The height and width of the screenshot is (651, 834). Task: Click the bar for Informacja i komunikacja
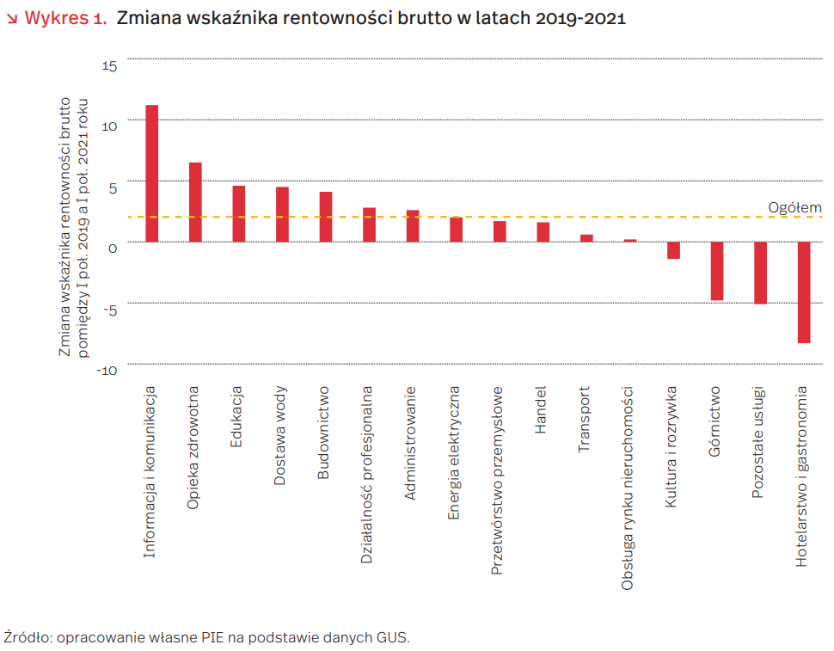click(x=151, y=173)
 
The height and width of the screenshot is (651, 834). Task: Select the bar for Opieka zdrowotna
click(x=195, y=202)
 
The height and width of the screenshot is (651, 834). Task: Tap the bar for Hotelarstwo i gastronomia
click(x=804, y=292)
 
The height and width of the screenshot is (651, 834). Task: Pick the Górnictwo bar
click(x=717, y=271)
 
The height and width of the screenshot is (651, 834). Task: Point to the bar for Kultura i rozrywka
click(x=673, y=250)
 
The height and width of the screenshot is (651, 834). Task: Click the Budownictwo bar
click(x=326, y=217)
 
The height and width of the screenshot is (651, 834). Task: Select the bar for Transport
click(x=586, y=238)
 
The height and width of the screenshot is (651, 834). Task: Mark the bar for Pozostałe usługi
click(x=760, y=273)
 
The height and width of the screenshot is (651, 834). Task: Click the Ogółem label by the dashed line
click(x=794, y=207)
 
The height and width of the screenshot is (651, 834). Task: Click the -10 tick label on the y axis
click(x=106, y=370)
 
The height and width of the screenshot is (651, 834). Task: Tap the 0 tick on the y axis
click(x=112, y=248)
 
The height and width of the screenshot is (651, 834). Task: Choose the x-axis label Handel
click(x=542, y=412)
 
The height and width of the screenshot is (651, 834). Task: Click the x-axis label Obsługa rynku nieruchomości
click(x=629, y=488)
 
